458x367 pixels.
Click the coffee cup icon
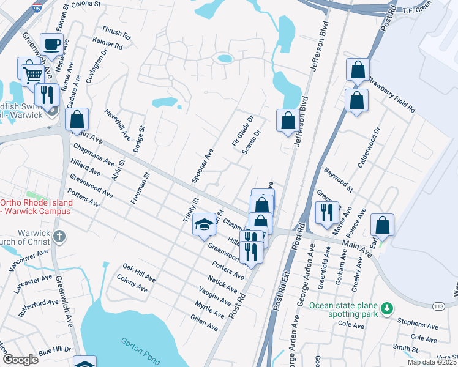click(51, 44)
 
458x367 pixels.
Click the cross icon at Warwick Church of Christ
click(59, 236)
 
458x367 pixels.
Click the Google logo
click(20, 360)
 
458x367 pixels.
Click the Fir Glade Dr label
click(244, 130)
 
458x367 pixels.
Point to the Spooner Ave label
click(202, 166)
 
